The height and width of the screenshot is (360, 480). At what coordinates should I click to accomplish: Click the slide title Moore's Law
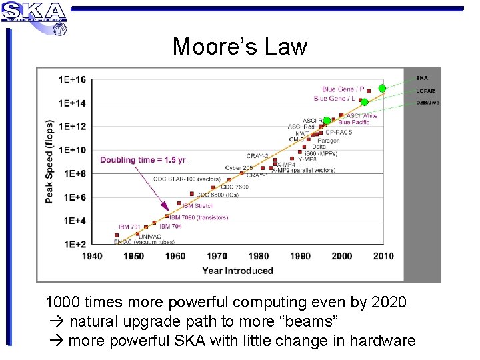pyautogui.click(x=239, y=47)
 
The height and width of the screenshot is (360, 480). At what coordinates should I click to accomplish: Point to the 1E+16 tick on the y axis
pyautogui.click(x=72, y=79)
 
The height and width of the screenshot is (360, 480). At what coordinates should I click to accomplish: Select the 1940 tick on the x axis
pyautogui.click(x=92, y=256)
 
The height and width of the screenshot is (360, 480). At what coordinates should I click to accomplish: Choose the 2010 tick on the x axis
pyautogui.click(x=383, y=256)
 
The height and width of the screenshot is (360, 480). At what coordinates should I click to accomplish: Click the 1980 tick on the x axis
pyautogui.click(x=259, y=256)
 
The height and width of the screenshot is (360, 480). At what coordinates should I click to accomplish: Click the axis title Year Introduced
pyautogui.click(x=237, y=271)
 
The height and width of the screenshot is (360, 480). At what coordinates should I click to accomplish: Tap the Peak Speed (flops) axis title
pyautogui.click(x=49, y=162)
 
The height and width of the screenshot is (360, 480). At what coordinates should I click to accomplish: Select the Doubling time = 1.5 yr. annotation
pyautogui.click(x=144, y=160)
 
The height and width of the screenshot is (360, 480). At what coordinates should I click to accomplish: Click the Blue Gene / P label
pyautogui.click(x=343, y=89)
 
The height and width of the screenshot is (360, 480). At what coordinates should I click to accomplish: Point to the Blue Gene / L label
pyautogui.click(x=339, y=99)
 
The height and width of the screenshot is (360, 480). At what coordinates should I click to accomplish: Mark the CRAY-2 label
pyautogui.click(x=257, y=156)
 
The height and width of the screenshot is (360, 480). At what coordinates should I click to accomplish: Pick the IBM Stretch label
pyautogui.click(x=198, y=206)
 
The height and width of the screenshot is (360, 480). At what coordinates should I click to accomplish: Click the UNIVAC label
pyautogui.click(x=149, y=236)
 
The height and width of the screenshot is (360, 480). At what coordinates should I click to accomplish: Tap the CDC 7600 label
pyautogui.click(x=234, y=187)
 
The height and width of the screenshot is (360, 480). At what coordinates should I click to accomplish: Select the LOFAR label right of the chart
pyautogui.click(x=425, y=91)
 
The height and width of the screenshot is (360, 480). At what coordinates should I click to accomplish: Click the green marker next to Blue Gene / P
pyautogui.click(x=382, y=88)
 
